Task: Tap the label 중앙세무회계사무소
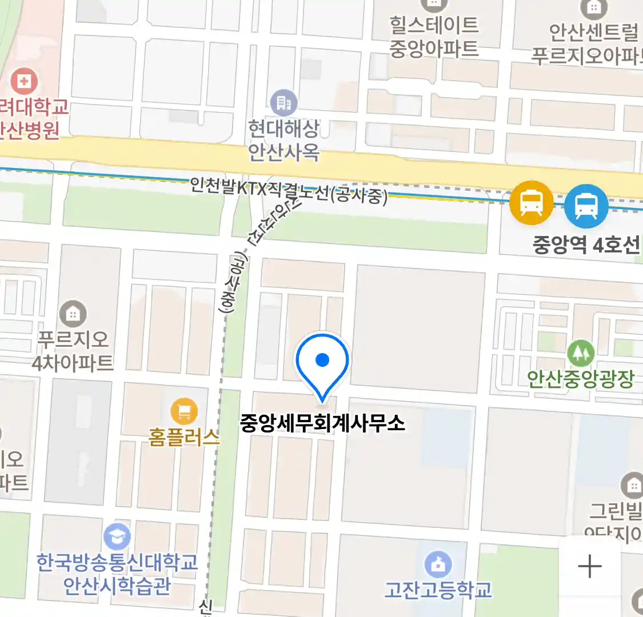322,423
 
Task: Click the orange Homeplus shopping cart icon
184,411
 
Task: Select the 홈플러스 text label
184,437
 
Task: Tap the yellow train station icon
532,202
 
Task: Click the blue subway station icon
586,206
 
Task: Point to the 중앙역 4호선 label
586,245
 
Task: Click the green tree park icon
581,353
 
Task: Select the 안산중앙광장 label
580,378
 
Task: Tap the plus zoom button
590,567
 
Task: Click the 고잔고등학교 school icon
438,564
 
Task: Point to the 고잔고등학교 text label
438,590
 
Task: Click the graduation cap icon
117,537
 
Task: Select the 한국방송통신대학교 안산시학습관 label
117,574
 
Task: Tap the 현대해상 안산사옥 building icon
283,103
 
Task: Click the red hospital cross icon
24,81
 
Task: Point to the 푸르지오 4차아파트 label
73,351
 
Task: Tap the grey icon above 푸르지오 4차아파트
73,314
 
